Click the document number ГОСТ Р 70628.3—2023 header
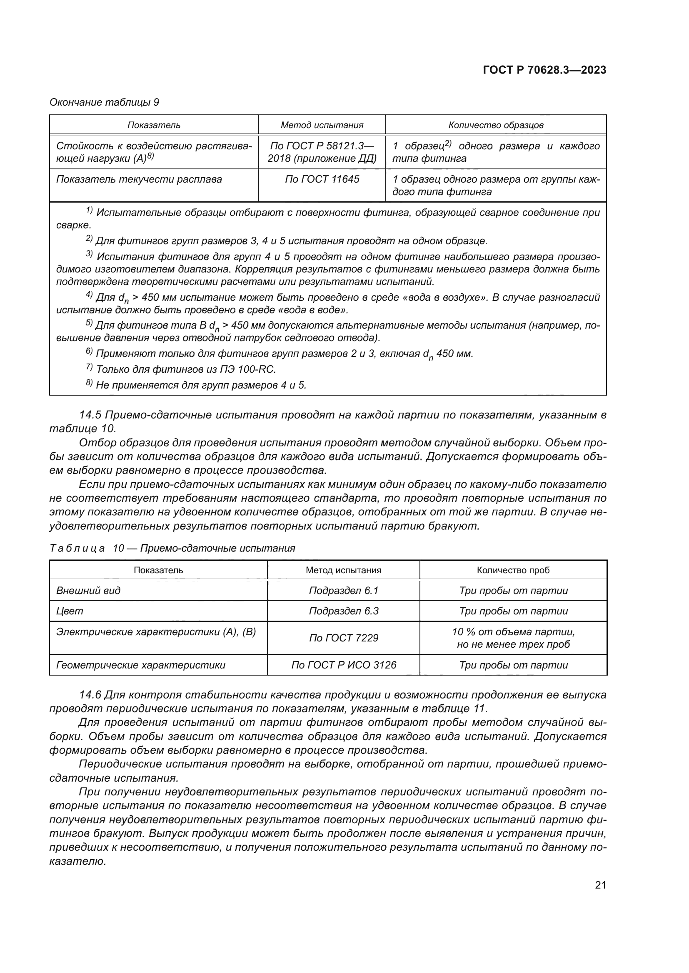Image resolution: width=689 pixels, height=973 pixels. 544,70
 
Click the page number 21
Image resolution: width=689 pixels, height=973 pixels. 600,885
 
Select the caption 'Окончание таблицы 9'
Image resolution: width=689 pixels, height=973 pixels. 104,102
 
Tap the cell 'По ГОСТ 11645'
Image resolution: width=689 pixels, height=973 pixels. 322,179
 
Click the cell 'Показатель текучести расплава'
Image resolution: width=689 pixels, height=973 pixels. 139,179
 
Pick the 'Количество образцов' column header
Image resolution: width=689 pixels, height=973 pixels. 496,125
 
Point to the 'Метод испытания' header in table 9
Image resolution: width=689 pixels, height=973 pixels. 322,125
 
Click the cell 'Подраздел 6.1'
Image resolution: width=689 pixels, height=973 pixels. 343,590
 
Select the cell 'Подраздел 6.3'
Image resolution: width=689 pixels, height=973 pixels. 343,611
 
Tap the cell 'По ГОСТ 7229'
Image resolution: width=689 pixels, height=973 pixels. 343,638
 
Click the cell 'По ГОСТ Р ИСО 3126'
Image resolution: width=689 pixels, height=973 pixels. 343,665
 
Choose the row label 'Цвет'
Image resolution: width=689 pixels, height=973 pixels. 70,611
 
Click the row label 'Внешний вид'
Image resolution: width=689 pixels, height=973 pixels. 88,590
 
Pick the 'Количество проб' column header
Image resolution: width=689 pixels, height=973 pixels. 513,570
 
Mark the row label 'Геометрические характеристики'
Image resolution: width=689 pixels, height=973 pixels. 140,665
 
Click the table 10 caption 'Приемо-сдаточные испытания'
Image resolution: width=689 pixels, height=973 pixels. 217,548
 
